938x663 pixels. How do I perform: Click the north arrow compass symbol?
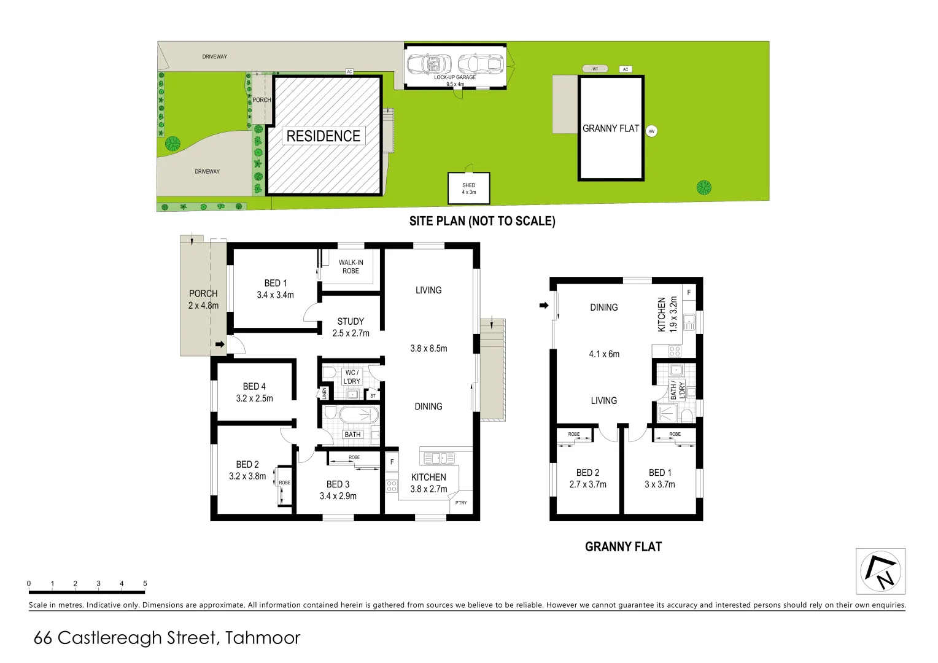(x=881, y=571)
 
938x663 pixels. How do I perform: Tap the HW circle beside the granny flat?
(x=651, y=131)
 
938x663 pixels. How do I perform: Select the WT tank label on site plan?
(x=595, y=69)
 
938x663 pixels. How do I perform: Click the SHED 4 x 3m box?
(x=469, y=188)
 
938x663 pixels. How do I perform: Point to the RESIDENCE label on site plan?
(x=324, y=136)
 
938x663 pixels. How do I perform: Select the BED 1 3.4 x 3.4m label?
(x=276, y=289)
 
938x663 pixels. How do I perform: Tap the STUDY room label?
(x=351, y=327)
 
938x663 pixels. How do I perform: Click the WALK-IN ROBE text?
(x=351, y=266)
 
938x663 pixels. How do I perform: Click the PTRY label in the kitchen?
(x=461, y=503)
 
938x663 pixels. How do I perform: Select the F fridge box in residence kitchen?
(x=392, y=462)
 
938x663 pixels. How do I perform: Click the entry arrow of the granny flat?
(x=543, y=305)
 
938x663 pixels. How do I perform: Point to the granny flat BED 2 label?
(x=587, y=478)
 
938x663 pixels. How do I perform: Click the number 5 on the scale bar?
(x=145, y=583)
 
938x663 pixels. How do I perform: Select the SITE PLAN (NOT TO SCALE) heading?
(x=482, y=221)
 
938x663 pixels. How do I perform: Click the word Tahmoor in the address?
(x=263, y=638)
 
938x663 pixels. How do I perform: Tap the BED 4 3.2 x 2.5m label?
(x=254, y=392)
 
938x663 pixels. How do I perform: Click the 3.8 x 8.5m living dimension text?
(x=428, y=348)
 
